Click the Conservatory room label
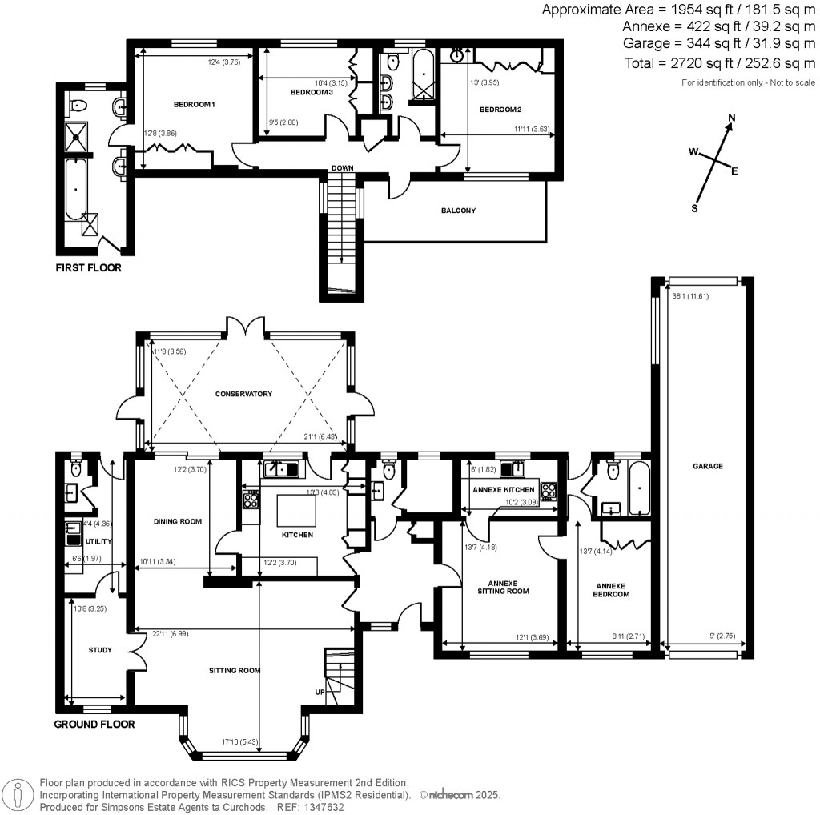(x=243, y=394)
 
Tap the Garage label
(x=708, y=466)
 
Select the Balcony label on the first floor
(x=458, y=211)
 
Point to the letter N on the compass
(x=730, y=119)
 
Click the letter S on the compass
(x=695, y=209)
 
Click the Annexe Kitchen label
(x=502, y=489)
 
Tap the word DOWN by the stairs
(x=342, y=168)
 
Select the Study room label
(x=100, y=650)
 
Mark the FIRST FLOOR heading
(x=88, y=268)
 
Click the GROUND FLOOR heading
(x=94, y=724)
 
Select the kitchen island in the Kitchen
(x=293, y=509)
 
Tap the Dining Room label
(x=177, y=521)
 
